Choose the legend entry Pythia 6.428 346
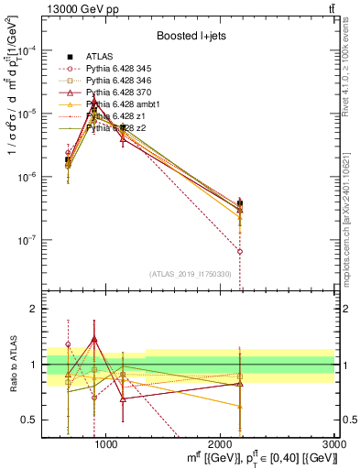pos(123,81)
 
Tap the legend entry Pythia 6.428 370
pos(123,93)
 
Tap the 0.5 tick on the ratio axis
pos(33,420)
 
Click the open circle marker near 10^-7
pos(239,251)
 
